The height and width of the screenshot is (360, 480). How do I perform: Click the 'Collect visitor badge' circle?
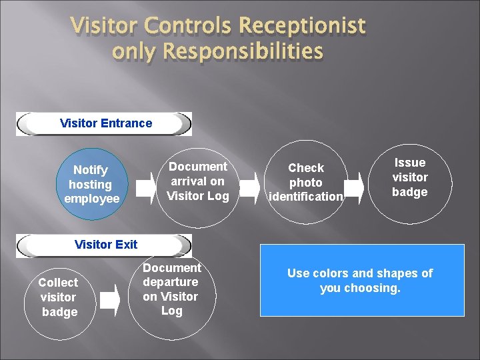click(x=59, y=297)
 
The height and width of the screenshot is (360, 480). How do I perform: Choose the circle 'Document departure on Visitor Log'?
click(x=171, y=291)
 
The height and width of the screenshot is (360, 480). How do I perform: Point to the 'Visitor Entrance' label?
click(x=105, y=123)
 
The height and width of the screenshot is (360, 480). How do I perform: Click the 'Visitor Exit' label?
click(x=105, y=245)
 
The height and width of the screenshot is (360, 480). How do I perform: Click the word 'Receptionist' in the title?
click(x=302, y=26)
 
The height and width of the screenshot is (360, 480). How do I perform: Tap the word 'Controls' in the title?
click(x=187, y=26)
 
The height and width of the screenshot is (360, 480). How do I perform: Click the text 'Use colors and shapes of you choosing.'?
click(x=360, y=281)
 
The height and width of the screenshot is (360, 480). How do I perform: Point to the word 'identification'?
click(x=306, y=197)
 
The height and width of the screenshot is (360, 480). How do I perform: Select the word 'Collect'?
click(x=58, y=283)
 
